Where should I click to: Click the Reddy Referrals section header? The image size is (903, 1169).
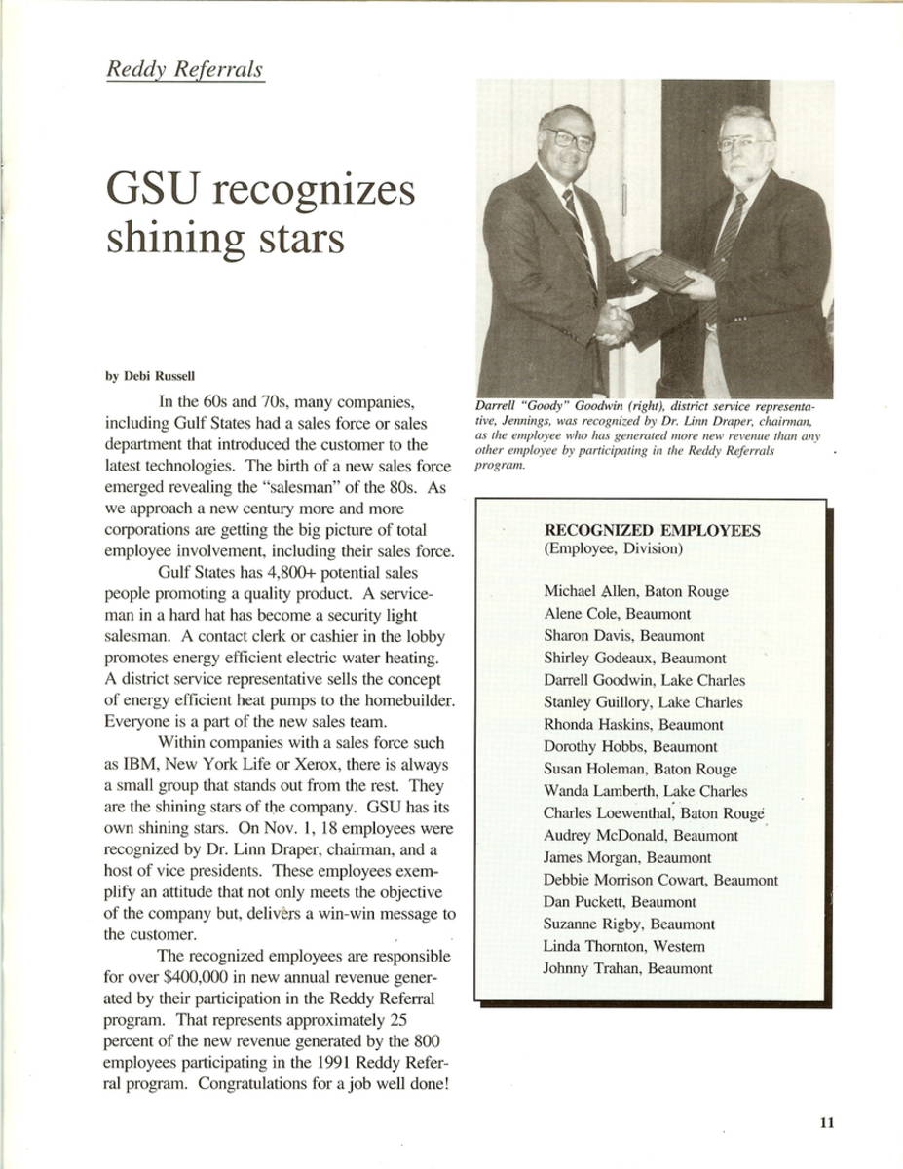coord(185,70)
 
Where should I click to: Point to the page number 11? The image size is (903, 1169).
coord(826,1122)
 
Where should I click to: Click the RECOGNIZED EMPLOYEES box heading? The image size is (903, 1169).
coord(652,531)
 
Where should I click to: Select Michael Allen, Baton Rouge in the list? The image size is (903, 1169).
coord(635,591)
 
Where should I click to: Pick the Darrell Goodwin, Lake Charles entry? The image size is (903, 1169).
coord(644,680)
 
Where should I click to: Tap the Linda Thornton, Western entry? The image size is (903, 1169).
coord(624,946)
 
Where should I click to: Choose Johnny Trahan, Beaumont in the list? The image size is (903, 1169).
coord(628,968)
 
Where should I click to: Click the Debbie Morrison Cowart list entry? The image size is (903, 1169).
coord(660,880)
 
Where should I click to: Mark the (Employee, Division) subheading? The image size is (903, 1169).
coord(613,548)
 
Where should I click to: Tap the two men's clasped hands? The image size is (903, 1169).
coord(614,324)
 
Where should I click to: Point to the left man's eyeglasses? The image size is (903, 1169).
coord(569,138)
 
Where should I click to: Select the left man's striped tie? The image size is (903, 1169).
coord(578,224)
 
